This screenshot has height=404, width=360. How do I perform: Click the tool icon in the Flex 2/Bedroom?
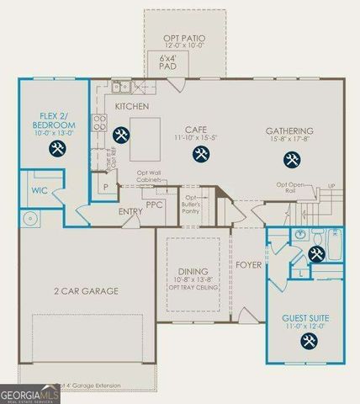point(58,149)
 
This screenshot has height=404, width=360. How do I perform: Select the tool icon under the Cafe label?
point(200,153)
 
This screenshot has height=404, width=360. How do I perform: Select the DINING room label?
point(193,271)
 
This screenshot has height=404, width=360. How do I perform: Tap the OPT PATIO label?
point(184,40)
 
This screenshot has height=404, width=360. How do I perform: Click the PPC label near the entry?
point(154,204)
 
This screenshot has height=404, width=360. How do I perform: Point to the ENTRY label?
point(131,212)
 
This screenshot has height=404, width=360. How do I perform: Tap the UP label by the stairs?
point(331,185)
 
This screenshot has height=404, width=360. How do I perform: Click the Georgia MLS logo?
point(29,393)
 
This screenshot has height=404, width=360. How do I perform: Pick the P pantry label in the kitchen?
point(106,188)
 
